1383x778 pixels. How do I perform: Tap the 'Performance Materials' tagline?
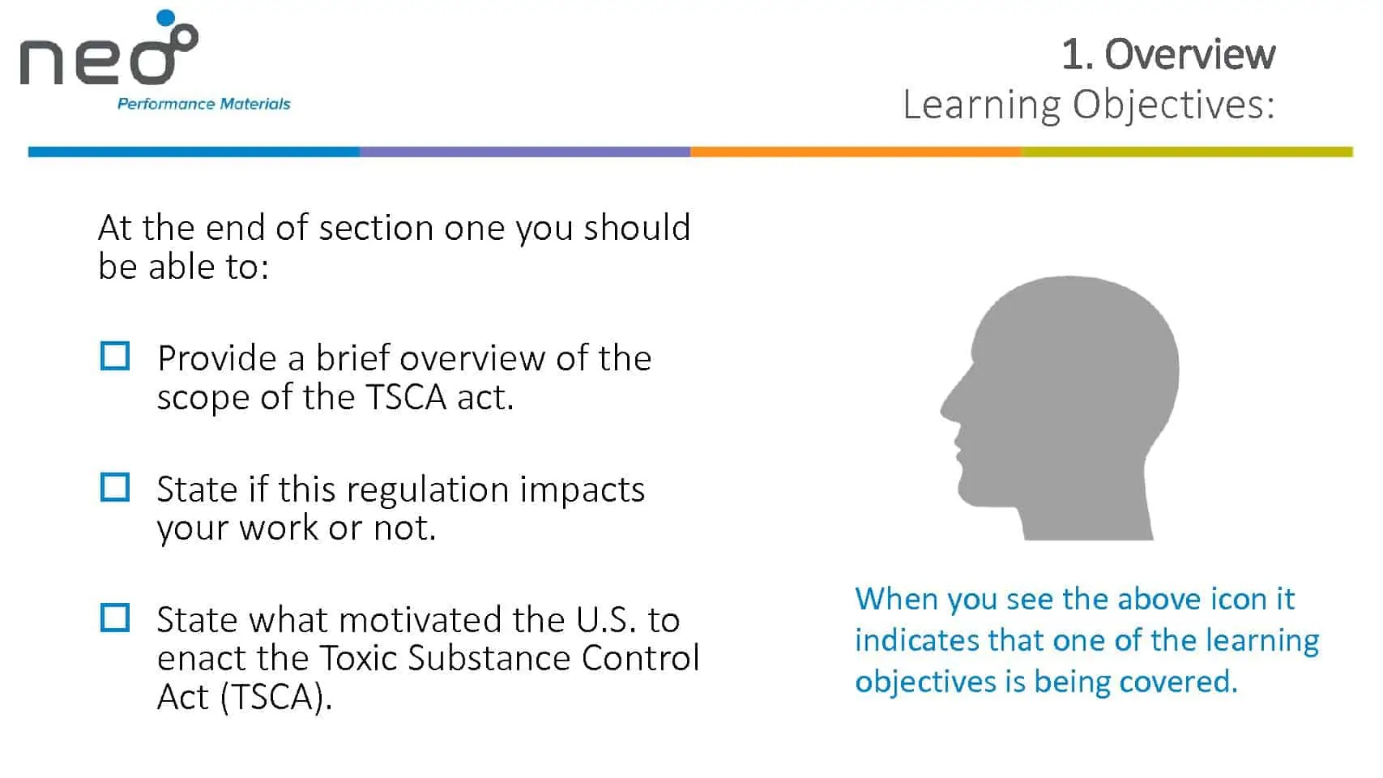tap(203, 104)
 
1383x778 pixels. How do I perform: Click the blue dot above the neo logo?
tap(165, 17)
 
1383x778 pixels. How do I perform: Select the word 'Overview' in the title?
tap(1189, 54)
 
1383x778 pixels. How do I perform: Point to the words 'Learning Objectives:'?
tap(1089, 105)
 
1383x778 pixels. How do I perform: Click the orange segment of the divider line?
tap(855, 152)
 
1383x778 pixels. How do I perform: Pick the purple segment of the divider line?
tap(525, 152)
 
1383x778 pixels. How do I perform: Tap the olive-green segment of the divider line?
tap(1187, 152)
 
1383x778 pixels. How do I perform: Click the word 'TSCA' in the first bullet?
tap(406, 397)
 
